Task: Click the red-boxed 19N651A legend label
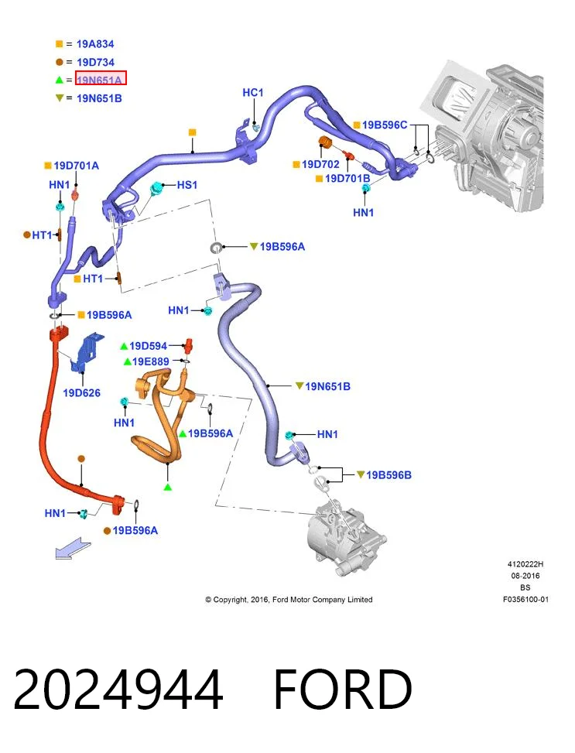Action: pos(100,80)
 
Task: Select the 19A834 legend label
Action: pos(95,44)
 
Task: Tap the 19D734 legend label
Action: pos(96,63)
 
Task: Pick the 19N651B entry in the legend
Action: pos(99,98)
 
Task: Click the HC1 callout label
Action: pos(253,93)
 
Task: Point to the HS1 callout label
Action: pos(187,185)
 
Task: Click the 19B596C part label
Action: pos(385,125)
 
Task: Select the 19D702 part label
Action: pos(320,164)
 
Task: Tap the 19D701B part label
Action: pos(347,179)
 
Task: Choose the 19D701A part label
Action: pos(77,166)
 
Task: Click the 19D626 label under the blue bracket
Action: pos(82,393)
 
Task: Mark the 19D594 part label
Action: pos(148,346)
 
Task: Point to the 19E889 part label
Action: pos(150,361)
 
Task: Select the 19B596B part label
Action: pos(388,475)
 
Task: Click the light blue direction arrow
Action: pos(73,549)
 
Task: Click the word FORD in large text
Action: pos(343,690)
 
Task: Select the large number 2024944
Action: pos(118,690)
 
